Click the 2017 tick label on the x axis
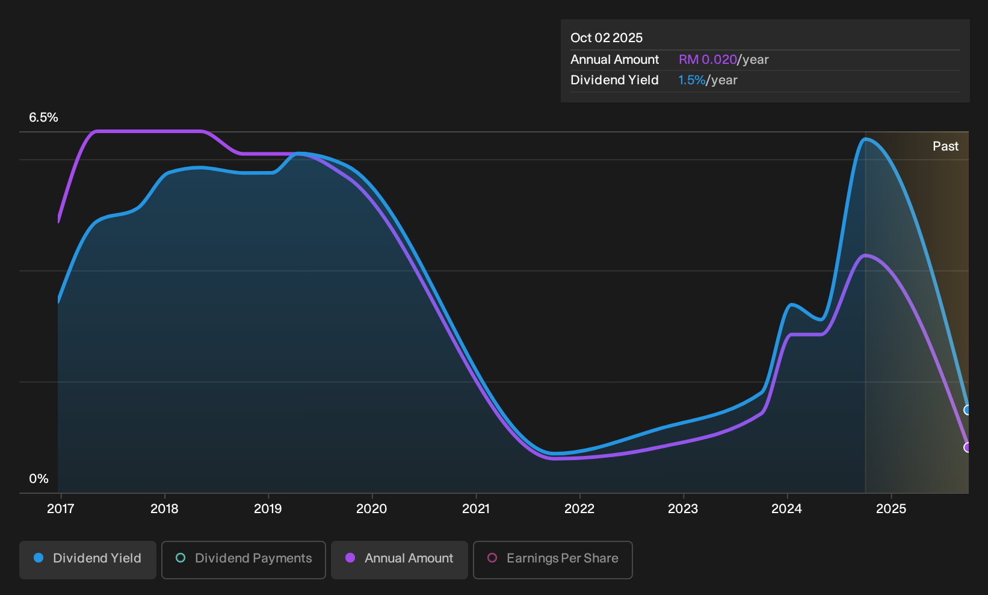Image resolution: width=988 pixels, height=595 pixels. [x=60, y=508]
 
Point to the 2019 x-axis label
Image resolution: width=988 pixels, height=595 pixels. [x=268, y=508]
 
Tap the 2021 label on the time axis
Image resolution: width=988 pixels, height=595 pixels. [x=476, y=508]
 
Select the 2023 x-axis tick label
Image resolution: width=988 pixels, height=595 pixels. [x=683, y=508]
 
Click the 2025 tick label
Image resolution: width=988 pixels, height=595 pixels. [x=891, y=508]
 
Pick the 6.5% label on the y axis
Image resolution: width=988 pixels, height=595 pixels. [x=43, y=117]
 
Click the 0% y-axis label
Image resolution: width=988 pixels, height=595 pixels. [x=39, y=479]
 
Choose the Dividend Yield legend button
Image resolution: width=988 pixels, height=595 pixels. [x=88, y=559]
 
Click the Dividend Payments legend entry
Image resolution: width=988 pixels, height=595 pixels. [x=244, y=559]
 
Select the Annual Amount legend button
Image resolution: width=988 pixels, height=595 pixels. [x=399, y=559]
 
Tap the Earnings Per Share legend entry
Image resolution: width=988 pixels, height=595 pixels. [x=552, y=559]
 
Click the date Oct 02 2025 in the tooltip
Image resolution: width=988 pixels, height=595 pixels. [x=607, y=38]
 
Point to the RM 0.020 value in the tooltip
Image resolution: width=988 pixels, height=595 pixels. [x=708, y=60]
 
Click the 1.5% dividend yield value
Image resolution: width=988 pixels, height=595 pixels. [x=691, y=80]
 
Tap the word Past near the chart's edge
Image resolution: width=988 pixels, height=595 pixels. [x=945, y=146]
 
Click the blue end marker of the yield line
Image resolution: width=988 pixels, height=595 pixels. [x=967, y=410]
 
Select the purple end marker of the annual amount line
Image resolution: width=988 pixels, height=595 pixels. [x=967, y=447]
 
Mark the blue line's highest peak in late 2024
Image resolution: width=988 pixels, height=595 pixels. [x=865, y=140]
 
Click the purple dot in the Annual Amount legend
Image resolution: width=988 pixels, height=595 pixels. [x=350, y=558]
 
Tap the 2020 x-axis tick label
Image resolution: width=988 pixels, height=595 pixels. [x=371, y=508]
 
